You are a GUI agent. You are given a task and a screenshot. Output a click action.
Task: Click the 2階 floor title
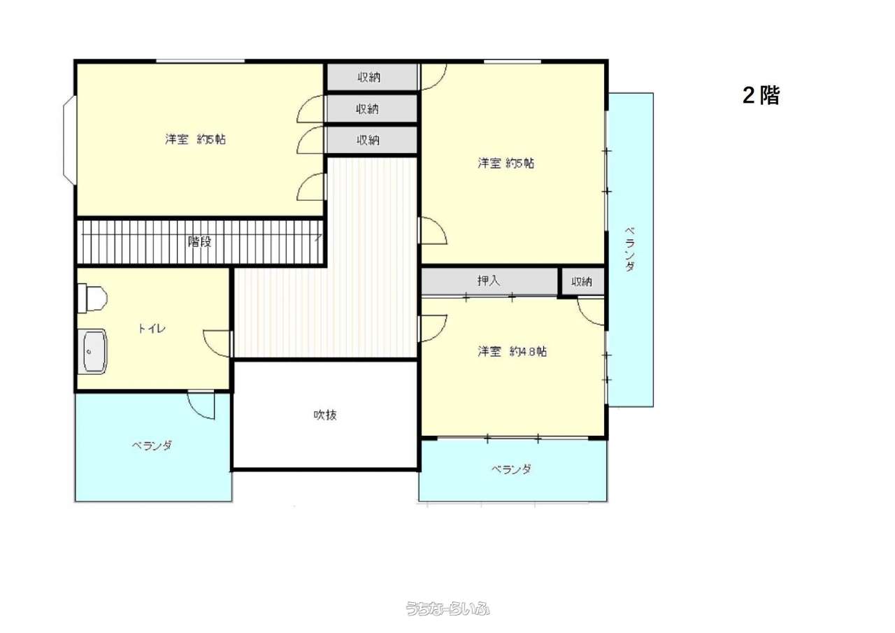[x=761, y=96]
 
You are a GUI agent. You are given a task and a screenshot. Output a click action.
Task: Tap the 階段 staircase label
[x=199, y=241]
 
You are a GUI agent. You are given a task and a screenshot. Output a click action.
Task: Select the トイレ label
[x=152, y=329]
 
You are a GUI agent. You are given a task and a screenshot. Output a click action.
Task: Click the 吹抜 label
[x=325, y=415]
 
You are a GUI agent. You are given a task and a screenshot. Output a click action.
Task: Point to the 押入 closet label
[x=488, y=280]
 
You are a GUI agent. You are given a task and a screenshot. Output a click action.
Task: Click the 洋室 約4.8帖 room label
[x=513, y=351]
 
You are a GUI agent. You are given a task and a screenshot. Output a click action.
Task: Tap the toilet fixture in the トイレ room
[x=92, y=298]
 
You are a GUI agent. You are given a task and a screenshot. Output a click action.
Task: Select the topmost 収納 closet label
[x=368, y=77]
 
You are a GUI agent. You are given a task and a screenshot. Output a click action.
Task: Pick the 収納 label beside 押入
[x=581, y=282]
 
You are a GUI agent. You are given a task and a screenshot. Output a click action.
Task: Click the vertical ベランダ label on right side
[x=630, y=250]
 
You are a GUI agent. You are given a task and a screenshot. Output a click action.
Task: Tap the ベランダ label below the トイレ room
[x=152, y=445]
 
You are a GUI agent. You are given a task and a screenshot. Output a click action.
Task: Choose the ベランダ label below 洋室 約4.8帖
[x=511, y=469]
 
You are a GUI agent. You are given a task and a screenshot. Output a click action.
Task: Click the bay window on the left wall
[x=69, y=140]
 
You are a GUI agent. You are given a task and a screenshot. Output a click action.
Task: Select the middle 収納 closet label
[x=368, y=108]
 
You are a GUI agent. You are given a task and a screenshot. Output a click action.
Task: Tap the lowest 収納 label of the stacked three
[x=368, y=140]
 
